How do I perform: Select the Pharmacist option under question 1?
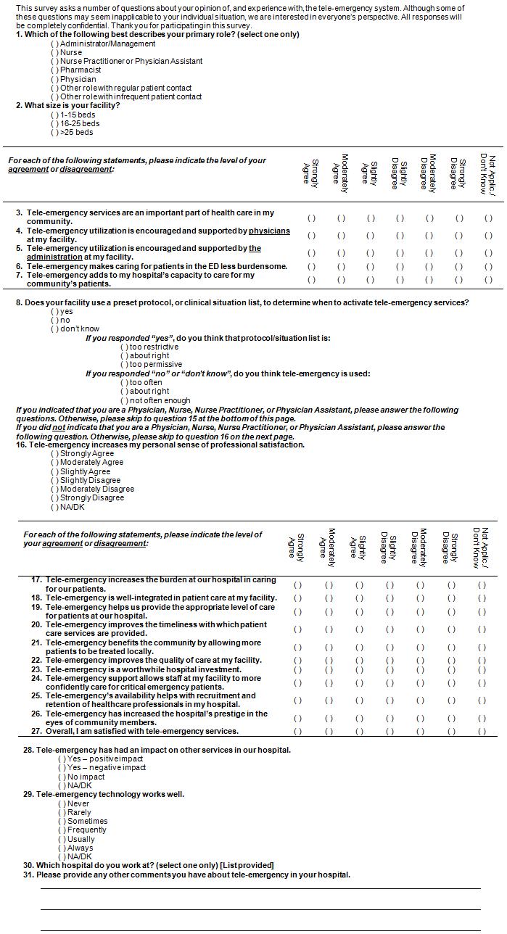click(x=54, y=70)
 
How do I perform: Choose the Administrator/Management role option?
click(x=54, y=44)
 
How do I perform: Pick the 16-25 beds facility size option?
click(x=54, y=124)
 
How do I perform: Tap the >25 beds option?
click(x=54, y=133)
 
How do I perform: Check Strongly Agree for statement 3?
click(x=312, y=218)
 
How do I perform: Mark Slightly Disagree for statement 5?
click(x=400, y=253)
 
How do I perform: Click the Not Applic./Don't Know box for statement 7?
click(x=488, y=280)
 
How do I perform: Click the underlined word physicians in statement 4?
click(x=269, y=231)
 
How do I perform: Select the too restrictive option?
click(x=124, y=347)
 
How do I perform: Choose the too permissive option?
click(x=124, y=365)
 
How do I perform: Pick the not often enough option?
click(x=124, y=400)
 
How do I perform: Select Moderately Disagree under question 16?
click(x=54, y=489)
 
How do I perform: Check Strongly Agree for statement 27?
click(x=297, y=731)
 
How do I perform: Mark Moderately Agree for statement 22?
click(x=329, y=661)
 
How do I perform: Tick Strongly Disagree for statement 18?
click(x=451, y=598)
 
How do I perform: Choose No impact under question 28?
click(x=62, y=777)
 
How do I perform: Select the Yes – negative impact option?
click(x=62, y=768)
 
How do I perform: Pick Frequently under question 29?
click(x=62, y=830)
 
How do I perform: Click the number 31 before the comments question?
click(x=28, y=875)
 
